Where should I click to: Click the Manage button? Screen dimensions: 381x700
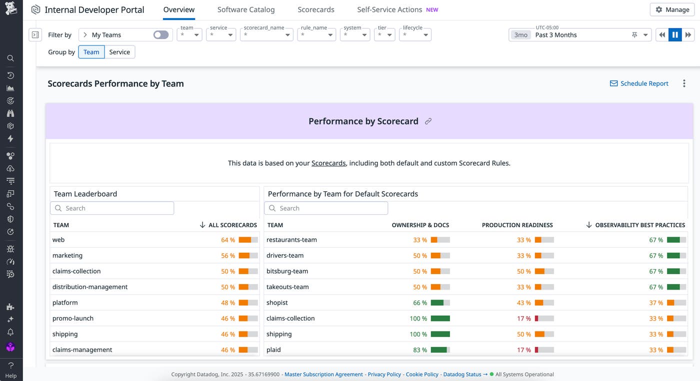point(672,9)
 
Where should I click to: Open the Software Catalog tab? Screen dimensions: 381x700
point(246,9)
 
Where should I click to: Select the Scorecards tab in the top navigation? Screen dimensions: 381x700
point(316,9)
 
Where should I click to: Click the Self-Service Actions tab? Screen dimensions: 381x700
point(389,9)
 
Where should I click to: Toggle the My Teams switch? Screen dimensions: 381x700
point(160,35)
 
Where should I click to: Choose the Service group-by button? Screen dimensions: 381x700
point(119,52)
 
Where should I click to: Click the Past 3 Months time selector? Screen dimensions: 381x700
point(580,35)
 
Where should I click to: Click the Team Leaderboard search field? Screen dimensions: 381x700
point(112,208)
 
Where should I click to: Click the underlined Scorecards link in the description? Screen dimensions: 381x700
point(328,163)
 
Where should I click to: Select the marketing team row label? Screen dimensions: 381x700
point(67,256)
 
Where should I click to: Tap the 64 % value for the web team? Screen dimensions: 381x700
point(228,240)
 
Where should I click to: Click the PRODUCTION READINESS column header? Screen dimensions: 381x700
point(517,225)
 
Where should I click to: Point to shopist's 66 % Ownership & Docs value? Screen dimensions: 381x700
point(420,303)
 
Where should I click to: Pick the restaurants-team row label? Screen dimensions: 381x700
point(291,240)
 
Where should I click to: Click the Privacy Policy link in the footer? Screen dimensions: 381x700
point(384,375)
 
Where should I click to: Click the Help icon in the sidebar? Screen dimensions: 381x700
point(10,370)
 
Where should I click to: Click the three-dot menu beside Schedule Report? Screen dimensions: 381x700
point(684,83)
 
